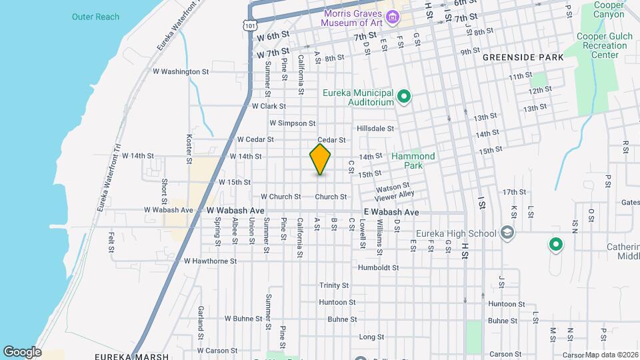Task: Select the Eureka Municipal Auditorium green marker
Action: click(403, 98)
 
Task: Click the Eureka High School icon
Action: click(507, 233)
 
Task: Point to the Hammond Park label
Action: click(413, 161)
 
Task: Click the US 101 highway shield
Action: click(249, 25)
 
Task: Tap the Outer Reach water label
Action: click(95, 17)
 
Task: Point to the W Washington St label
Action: click(181, 71)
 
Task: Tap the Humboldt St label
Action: click(378, 268)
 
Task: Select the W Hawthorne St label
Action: click(210, 261)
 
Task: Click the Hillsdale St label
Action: click(375, 128)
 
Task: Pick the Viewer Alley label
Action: click(395, 195)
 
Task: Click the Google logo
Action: click(22, 351)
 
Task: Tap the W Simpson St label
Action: click(292, 123)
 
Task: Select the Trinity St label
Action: click(334, 285)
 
